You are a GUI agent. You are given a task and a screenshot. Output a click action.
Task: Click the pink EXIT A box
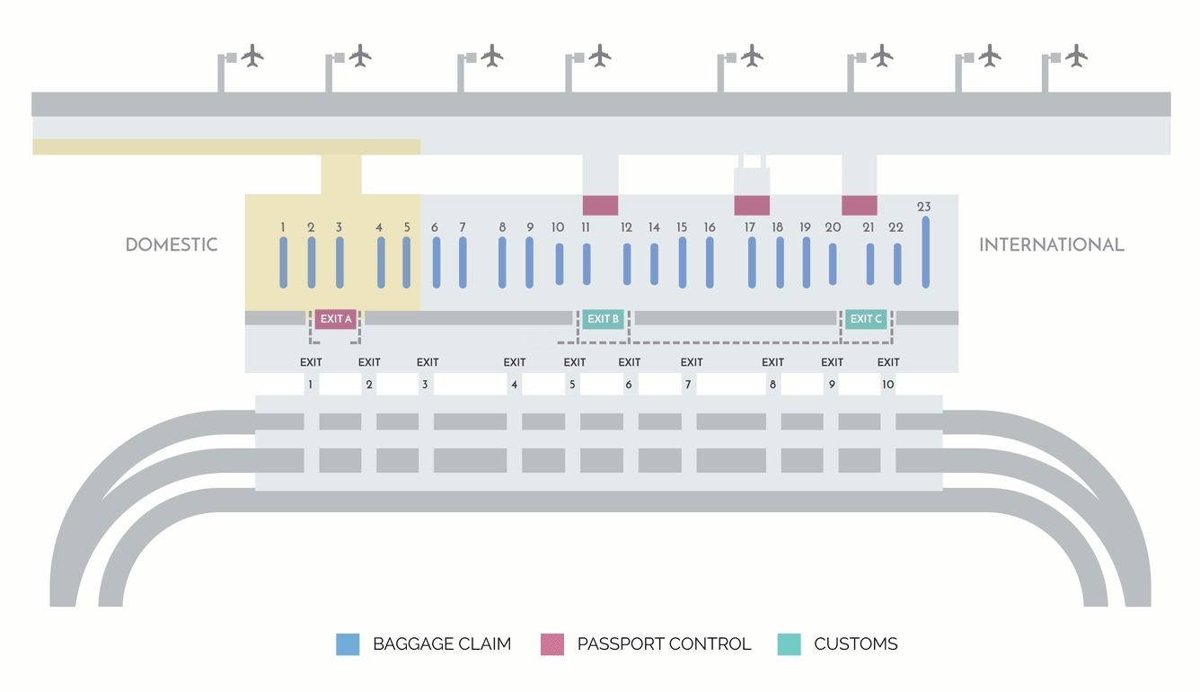click(x=336, y=319)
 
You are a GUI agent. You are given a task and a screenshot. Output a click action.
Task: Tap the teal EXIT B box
click(x=603, y=319)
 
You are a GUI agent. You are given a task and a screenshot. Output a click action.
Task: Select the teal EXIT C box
click(x=866, y=319)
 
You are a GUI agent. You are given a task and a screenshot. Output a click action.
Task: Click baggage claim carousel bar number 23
click(x=925, y=252)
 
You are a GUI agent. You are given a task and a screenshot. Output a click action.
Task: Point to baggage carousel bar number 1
click(x=283, y=262)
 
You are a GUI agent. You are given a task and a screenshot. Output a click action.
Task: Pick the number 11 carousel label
click(x=586, y=227)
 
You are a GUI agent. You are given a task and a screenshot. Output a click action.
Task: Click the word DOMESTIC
click(x=172, y=244)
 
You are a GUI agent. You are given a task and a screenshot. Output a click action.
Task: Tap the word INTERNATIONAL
click(x=1051, y=244)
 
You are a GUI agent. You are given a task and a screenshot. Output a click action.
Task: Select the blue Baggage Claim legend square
click(x=348, y=644)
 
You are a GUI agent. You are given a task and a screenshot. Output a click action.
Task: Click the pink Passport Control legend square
click(x=552, y=644)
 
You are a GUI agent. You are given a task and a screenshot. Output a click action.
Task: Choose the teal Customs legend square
click(x=789, y=644)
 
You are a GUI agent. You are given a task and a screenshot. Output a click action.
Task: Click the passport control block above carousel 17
click(x=752, y=205)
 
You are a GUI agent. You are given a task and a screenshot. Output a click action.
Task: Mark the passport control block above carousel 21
click(x=859, y=205)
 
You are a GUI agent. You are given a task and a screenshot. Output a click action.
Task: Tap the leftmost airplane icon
click(x=252, y=56)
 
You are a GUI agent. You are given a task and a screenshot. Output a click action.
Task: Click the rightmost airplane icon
click(x=1076, y=56)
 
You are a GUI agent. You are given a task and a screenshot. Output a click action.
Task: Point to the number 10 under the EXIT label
click(x=887, y=385)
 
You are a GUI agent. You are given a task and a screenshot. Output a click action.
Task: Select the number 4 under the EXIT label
click(x=514, y=385)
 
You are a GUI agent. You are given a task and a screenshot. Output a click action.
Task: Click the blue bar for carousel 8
click(x=502, y=262)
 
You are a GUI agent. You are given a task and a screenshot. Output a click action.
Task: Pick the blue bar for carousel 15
click(x=683, y=262)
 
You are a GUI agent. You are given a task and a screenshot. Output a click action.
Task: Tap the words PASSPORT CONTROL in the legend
click(x=664, y=644)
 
